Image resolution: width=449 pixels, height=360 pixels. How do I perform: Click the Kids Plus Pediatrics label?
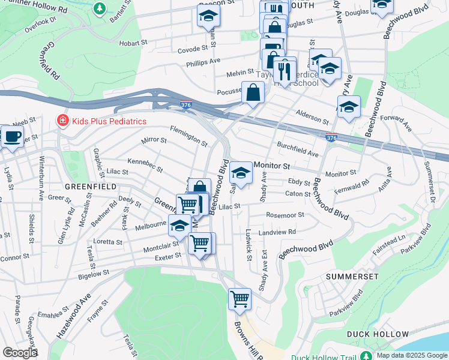tap(109, 121)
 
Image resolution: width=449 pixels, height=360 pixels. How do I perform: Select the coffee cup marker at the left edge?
tap(11, 137)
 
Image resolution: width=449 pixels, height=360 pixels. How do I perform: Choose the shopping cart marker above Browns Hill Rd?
tap(240, 298)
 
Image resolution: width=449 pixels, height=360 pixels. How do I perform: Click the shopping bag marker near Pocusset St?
tap(253, 93)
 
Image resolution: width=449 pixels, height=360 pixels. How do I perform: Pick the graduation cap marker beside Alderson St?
tap(349, 107)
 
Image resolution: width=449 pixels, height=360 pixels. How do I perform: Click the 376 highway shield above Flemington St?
tap(187, 105)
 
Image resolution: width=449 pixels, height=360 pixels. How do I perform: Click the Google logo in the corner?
tap(20, 352)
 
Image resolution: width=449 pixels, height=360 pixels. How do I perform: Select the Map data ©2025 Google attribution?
tap(412, 355)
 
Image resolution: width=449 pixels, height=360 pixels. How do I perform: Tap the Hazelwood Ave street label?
tap(77, 303)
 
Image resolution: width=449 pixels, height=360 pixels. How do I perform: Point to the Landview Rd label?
tap(277, 232)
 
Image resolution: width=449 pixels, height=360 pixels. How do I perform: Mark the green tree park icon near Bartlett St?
tap(99, 9)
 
